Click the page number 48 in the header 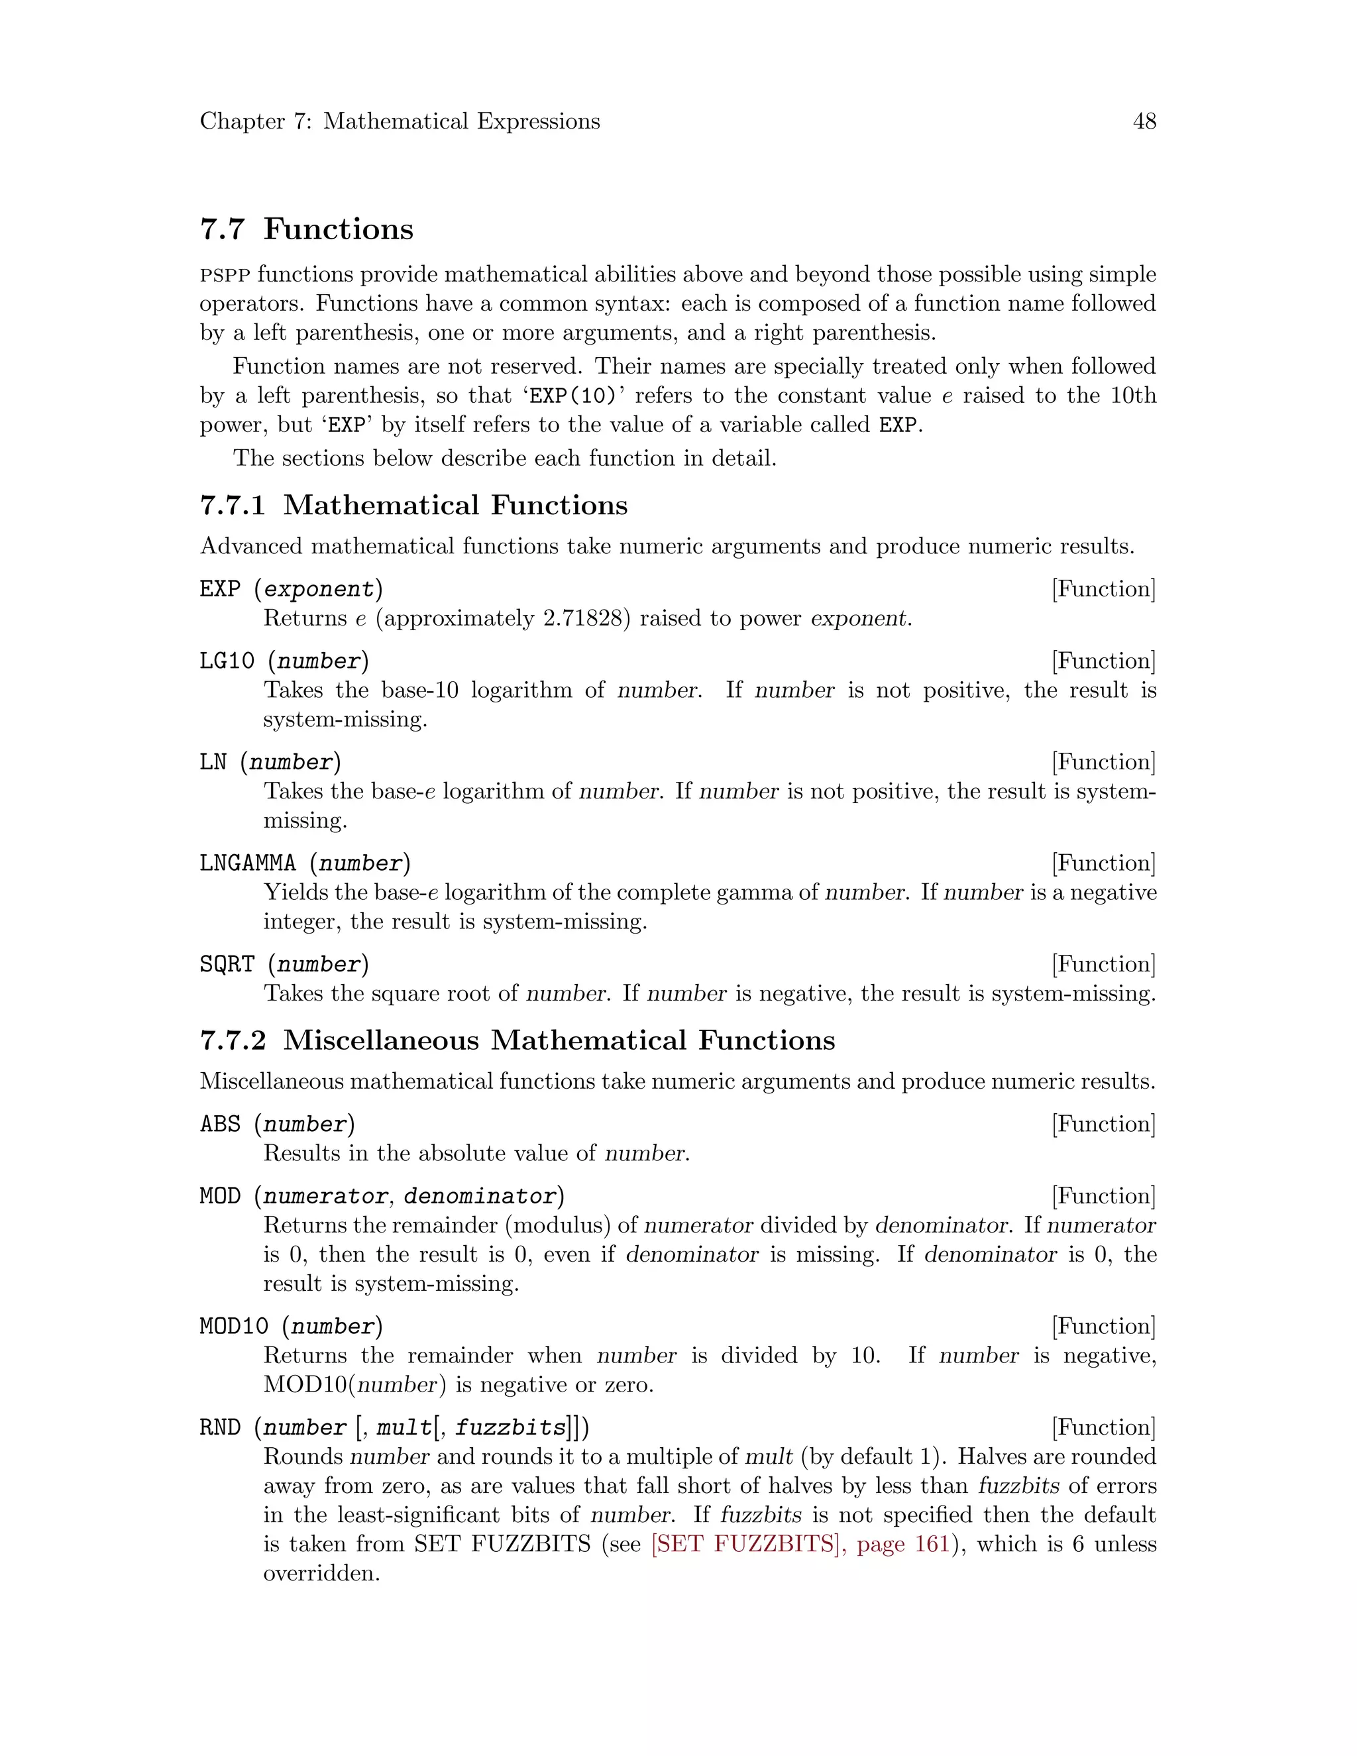[1144, 121]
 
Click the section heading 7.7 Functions [306, 229]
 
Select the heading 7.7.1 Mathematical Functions [413, 505]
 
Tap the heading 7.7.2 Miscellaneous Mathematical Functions [517, 1040]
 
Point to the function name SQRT [227, 964]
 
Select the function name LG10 [227, 661]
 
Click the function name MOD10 [234, 1327]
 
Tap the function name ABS [219, 1124]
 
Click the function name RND [219, 1428]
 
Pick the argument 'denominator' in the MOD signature [480, 1196]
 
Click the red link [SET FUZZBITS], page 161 [800, 1545]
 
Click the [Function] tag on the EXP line [1103, 589]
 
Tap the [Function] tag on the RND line [1103, 1428]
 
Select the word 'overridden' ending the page [321, 1574]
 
